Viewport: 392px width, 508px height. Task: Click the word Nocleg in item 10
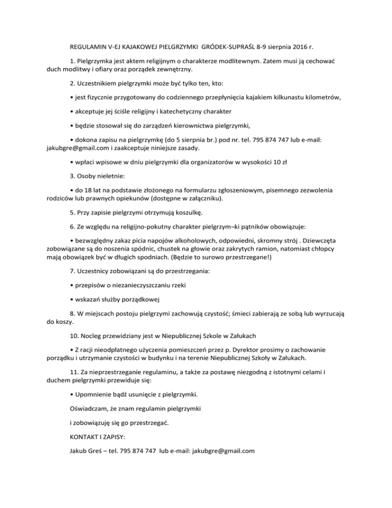pos(92,337)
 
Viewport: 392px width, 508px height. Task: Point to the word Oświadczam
pos(91,409)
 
